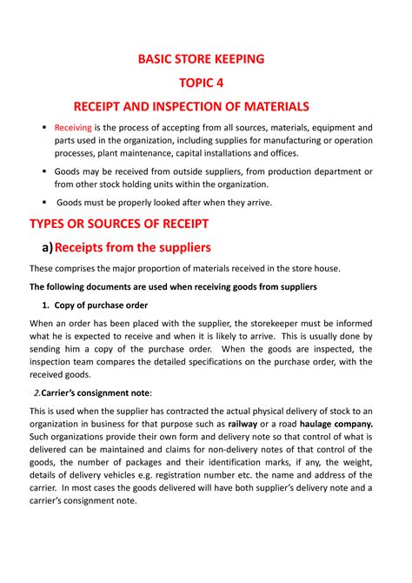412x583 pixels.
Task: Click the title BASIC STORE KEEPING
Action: pyautogui.click(x=207, y=60)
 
